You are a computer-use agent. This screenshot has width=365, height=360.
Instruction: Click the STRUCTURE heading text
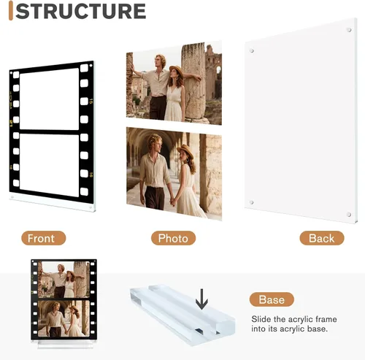pyautogui.click(x=80, y=11)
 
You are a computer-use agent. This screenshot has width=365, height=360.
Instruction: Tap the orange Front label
pyautogui.click(x=44, y=238)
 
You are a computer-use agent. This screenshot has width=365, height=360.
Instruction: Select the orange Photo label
pyautogui.click(x=173, y=238)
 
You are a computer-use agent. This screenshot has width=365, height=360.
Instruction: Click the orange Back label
pyautogui.click(x=322, y=238)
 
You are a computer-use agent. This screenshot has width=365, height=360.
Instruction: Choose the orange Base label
pyautogui.click(x=272, y=299)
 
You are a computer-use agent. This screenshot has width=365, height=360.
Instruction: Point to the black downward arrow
pyautogui.click(x=201, y=299)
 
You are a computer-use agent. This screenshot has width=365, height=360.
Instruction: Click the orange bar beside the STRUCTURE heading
pyautogui.click(x=11, y=11)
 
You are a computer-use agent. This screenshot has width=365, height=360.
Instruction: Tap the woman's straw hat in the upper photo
pyautogui.click(x=176, y=69)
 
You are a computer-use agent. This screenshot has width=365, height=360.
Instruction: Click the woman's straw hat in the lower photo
pyautogui.click(x=185, y=150)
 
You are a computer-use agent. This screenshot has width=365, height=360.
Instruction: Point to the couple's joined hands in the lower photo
pyautogui.click(x=172, y=201)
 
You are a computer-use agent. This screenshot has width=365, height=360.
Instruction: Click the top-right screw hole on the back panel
pyautogui.click(x=349, y=30)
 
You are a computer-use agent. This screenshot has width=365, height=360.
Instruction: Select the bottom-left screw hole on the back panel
pyautogui.click(x=251, y=202)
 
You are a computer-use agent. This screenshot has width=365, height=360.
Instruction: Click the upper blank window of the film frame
pyautogui.click(x=50, y=99)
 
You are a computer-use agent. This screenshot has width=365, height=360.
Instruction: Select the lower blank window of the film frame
pyautogui.click(x=50, y=165)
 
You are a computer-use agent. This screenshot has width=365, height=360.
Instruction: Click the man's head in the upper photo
pyautogui.click(x=161, y=61)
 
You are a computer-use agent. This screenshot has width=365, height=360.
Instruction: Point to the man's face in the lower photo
pyautogui.click(x=157, y=144)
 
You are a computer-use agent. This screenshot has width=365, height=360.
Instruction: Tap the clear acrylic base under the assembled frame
pyautogui.click(x=63, y=344)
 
